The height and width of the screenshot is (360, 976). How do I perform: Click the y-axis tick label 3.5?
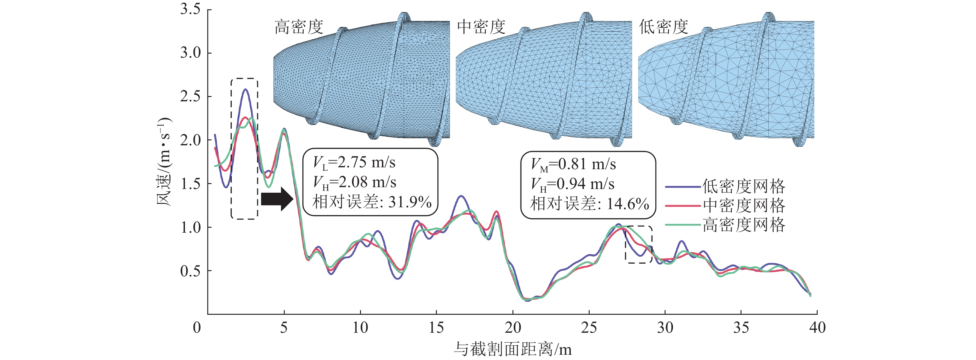point(190,9)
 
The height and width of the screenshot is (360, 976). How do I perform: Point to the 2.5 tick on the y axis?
point(190,96)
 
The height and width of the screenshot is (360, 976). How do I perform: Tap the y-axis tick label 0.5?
point(190,271)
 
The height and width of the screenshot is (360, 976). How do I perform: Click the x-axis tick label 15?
point(436,327)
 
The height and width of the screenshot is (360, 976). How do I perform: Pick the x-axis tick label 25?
point(589,327)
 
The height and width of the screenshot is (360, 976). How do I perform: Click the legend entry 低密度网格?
point(743,187)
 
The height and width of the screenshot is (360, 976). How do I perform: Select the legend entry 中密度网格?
point(743,206)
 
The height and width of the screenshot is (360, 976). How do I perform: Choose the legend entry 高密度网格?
point(743,225)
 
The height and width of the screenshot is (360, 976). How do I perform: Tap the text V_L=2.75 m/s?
point(354,163)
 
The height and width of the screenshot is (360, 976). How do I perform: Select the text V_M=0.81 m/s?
point(573,165)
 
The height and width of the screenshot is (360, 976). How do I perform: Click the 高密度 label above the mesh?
point(299,27)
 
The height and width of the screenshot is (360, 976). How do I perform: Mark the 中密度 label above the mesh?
point(481,27)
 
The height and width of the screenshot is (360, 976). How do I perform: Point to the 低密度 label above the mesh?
point(663,27)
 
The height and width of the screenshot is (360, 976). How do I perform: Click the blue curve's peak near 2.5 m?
point(245,90)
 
